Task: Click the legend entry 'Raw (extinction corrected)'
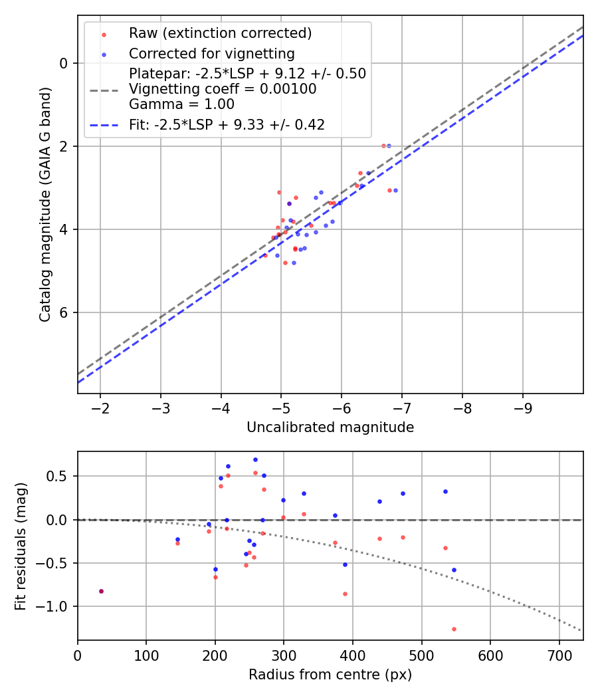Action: tap(220, 33)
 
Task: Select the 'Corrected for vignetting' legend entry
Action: tap(212, 53)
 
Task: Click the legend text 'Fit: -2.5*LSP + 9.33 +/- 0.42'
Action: tap(227, 124)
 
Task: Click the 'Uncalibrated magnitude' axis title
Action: tap(330, 427)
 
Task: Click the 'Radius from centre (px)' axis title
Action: tap(330, 675)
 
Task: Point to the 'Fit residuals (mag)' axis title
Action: tap(21, 546)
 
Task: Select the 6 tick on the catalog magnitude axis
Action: tap(64, 312)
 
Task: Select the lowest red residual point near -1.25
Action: tap(454, 629)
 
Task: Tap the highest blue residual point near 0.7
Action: tap(255, 459)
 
